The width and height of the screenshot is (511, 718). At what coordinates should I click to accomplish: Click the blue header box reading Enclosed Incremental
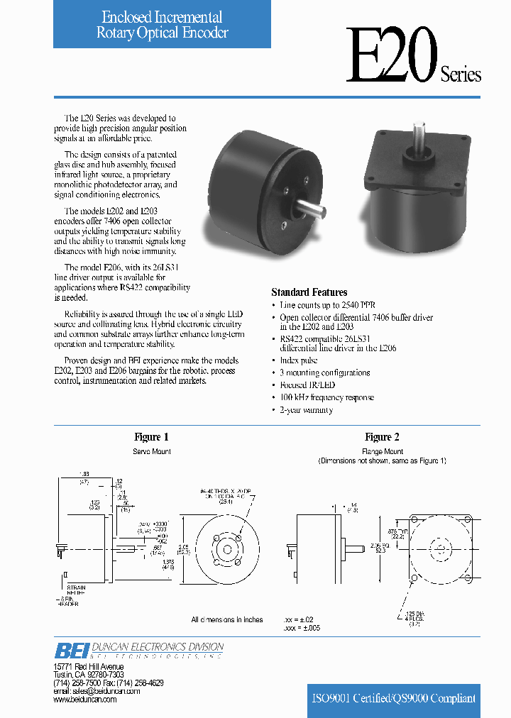[163, 25]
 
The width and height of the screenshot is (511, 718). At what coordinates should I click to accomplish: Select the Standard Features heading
[309, 292]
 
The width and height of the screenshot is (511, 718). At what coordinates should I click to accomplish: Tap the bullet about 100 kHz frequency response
[326, 398]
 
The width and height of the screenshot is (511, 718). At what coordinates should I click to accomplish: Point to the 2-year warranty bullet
[306, 410]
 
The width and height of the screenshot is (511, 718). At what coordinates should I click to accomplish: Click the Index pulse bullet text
[299, 360]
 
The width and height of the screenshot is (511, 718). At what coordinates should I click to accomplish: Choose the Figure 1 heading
[152, 437]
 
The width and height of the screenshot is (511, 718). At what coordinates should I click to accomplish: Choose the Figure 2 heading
[383, 437]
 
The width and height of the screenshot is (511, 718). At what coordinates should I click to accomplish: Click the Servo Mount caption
[152, 451]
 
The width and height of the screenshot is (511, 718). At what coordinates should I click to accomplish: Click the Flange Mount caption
[383, 451]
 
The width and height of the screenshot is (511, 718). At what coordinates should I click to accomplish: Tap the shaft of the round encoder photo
[312, 211]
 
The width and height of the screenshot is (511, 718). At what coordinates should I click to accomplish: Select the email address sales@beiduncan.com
[92, 691]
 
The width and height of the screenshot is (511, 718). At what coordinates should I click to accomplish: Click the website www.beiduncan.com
[85, 700]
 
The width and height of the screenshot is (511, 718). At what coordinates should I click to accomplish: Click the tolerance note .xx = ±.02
[302, 619]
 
